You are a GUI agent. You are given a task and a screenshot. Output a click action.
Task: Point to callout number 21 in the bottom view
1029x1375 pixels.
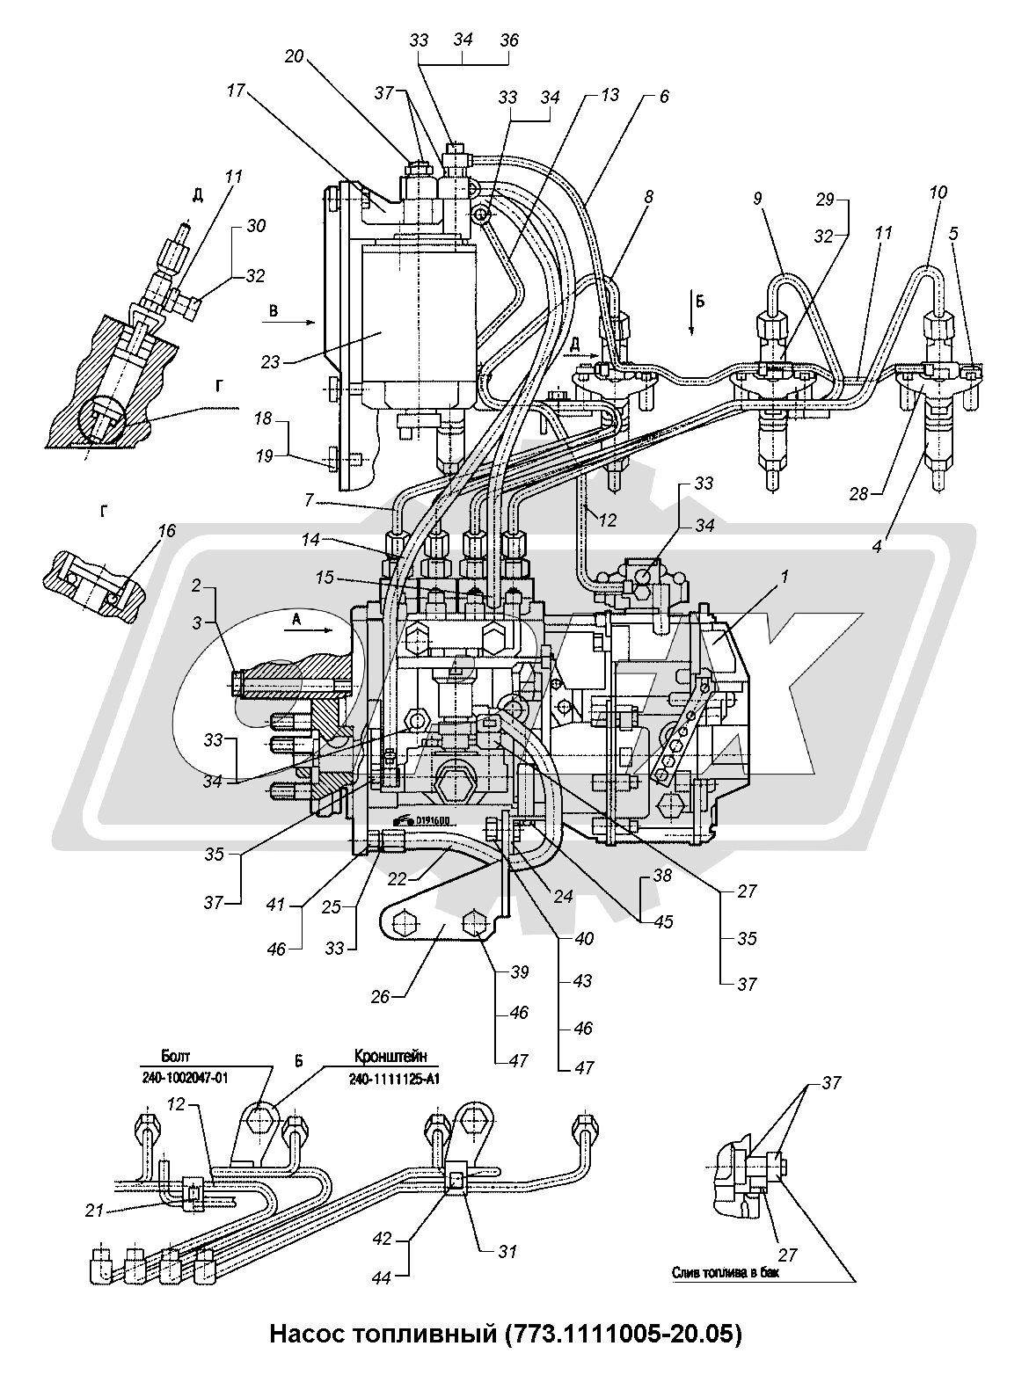[119, 1210]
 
